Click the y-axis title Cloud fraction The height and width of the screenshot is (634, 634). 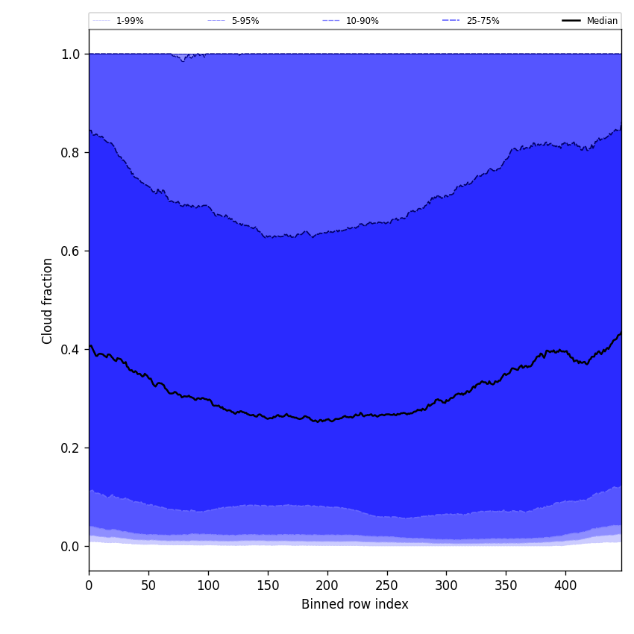(48, 301)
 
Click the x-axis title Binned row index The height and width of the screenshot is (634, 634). (354, 604)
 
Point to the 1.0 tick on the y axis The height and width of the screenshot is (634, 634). (70, 54)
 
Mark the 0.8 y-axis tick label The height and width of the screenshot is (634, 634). (70, 152)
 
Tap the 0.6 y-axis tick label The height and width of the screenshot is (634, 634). (70, 251)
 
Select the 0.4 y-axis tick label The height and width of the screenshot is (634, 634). (70, 349)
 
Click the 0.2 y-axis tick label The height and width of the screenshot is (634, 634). (70, 448)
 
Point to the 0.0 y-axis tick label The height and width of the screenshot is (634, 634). (70, 546)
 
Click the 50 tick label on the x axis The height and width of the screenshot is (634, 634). (148, 586)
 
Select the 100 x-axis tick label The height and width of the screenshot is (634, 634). (208, 586)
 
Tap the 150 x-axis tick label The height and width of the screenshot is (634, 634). (268, 586)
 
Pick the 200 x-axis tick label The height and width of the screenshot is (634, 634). (327, 586)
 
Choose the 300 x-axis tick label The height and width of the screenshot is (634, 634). (446, 586)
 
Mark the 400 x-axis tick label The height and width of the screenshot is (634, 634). (565, 586)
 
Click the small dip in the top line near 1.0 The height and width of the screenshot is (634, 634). (183, 59)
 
